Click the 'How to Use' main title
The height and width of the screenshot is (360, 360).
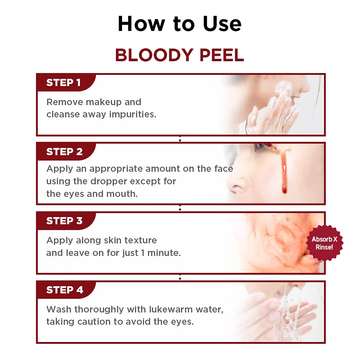click(x=180, y=24)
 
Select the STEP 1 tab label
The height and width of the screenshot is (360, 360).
click(x=63, y=83)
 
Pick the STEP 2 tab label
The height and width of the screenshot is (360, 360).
click(x=64, y=152)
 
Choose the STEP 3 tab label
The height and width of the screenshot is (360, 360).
click(x=64, y=221)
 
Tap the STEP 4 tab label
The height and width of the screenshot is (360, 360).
click(x=64, y=290)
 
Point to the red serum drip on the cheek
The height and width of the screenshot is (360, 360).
click(x=284, y=173)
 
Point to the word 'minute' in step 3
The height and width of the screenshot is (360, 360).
click(x=163, y=253)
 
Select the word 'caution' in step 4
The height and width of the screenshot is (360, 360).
click(x=93, y=322)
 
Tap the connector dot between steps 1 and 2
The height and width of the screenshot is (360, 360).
click(x=180, y=139)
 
